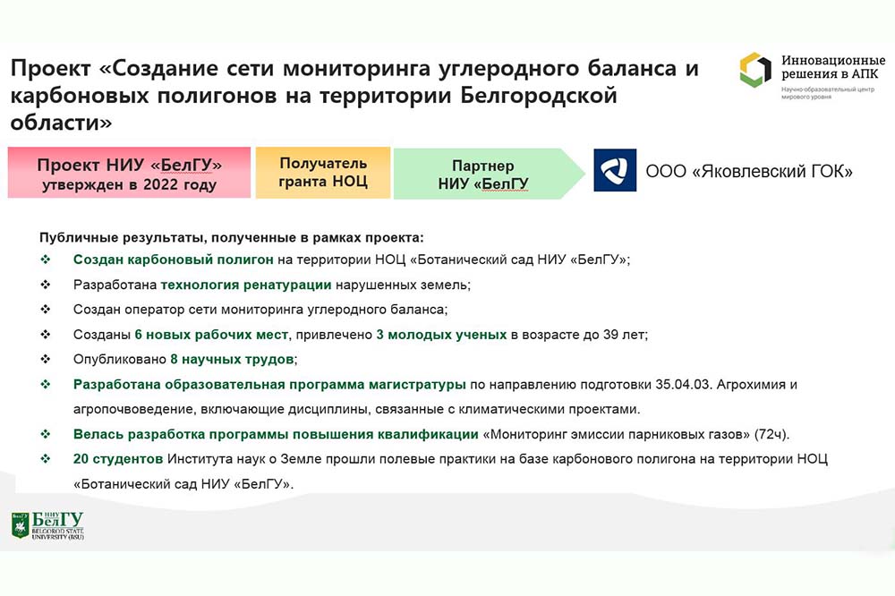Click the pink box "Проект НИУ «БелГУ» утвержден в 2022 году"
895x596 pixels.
129,173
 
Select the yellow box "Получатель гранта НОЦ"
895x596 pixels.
323,173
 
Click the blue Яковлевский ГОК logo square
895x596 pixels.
615,170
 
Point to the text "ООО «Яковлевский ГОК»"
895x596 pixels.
749,171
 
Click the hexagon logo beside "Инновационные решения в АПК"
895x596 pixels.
755,70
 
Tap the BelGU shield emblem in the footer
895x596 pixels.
20,525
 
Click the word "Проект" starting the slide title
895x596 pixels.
51,69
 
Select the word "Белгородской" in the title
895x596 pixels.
538,96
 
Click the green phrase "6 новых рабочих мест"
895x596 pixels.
211,335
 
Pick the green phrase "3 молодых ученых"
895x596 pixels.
441,335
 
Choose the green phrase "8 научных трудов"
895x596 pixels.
233,360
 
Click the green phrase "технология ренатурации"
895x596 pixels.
246,285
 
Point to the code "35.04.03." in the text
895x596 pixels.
684,384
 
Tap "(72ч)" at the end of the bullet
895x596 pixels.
771,434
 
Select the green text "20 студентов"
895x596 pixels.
118,459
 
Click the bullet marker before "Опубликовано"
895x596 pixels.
46,359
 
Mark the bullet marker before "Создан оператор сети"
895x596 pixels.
46,310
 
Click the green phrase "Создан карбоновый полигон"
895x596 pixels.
174,260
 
